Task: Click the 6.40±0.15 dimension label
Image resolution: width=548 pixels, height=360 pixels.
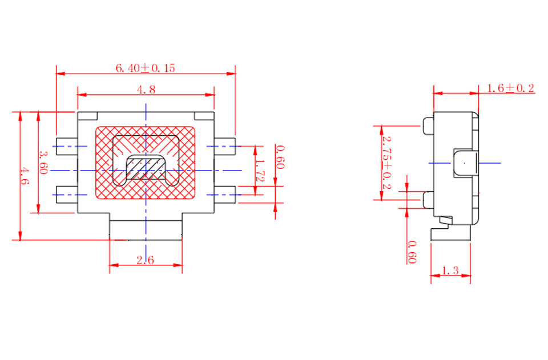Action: (145, 68)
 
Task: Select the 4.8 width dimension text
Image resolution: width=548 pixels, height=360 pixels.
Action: (146, 90)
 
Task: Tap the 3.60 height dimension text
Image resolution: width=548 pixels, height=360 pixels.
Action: (43, 163)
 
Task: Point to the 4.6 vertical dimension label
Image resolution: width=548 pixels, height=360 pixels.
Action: (24, 176)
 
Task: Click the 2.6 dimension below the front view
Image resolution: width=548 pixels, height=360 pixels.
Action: (145, 260)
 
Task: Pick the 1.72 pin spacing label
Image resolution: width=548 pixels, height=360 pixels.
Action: (260, 171)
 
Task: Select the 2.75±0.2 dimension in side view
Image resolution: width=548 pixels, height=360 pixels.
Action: (386, 163)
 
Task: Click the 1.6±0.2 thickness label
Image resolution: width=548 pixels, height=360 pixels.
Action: (510, 88)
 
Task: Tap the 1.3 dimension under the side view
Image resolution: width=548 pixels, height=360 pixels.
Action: (450, 270)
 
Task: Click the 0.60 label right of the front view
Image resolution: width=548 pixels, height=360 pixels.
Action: (280, 157)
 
